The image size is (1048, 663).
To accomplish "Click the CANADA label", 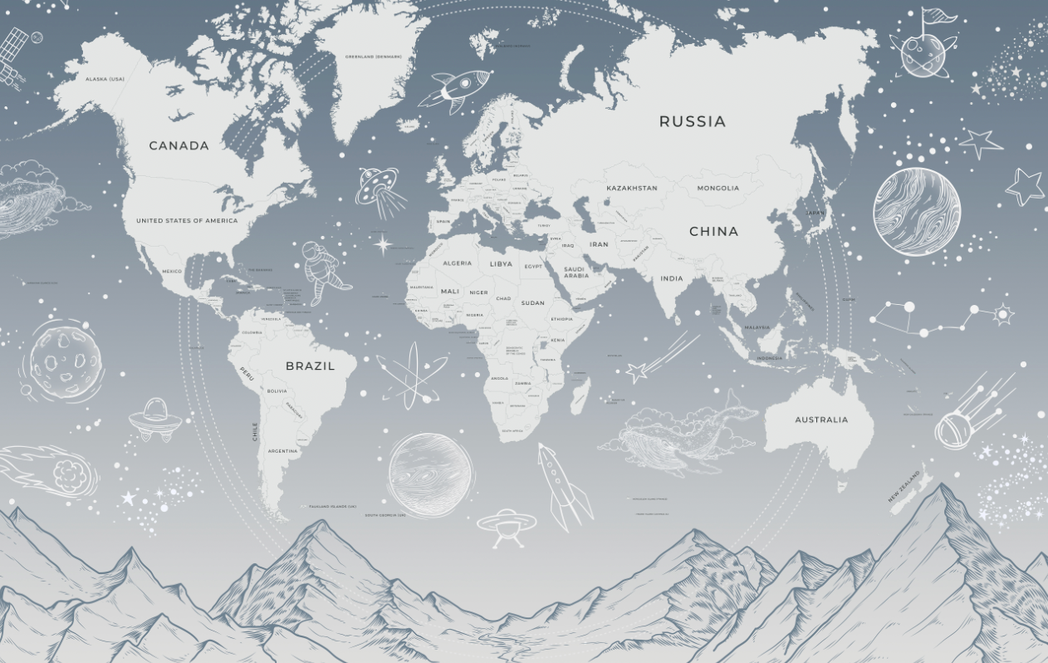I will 179,145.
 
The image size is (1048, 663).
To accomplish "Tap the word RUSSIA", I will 693,121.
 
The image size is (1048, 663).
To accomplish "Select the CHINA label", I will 713,232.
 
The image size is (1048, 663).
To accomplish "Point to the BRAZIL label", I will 311,366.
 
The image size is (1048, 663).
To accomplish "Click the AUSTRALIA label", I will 821,420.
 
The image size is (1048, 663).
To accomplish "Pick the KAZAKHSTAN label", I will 632,188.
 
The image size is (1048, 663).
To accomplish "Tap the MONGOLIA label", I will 718,188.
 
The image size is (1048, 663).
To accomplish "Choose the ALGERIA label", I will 457,263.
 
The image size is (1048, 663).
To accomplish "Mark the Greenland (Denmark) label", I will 374,56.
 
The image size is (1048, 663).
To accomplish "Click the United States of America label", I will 187,221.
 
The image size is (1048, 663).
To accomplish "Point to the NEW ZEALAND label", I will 904,487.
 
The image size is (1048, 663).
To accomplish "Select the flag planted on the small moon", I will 934,18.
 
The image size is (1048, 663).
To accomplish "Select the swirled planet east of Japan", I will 916,211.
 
